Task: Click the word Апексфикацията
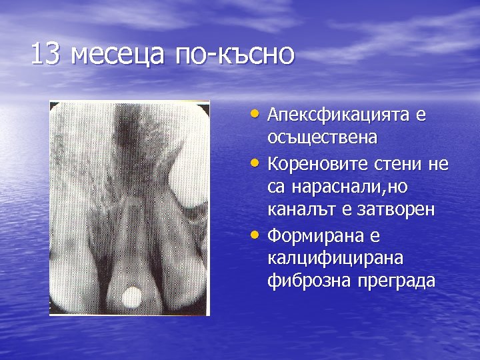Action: (x=339, y=115)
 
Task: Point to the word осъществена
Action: (x=322, y=138)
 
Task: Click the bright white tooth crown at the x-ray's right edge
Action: (x=190, y=180)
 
